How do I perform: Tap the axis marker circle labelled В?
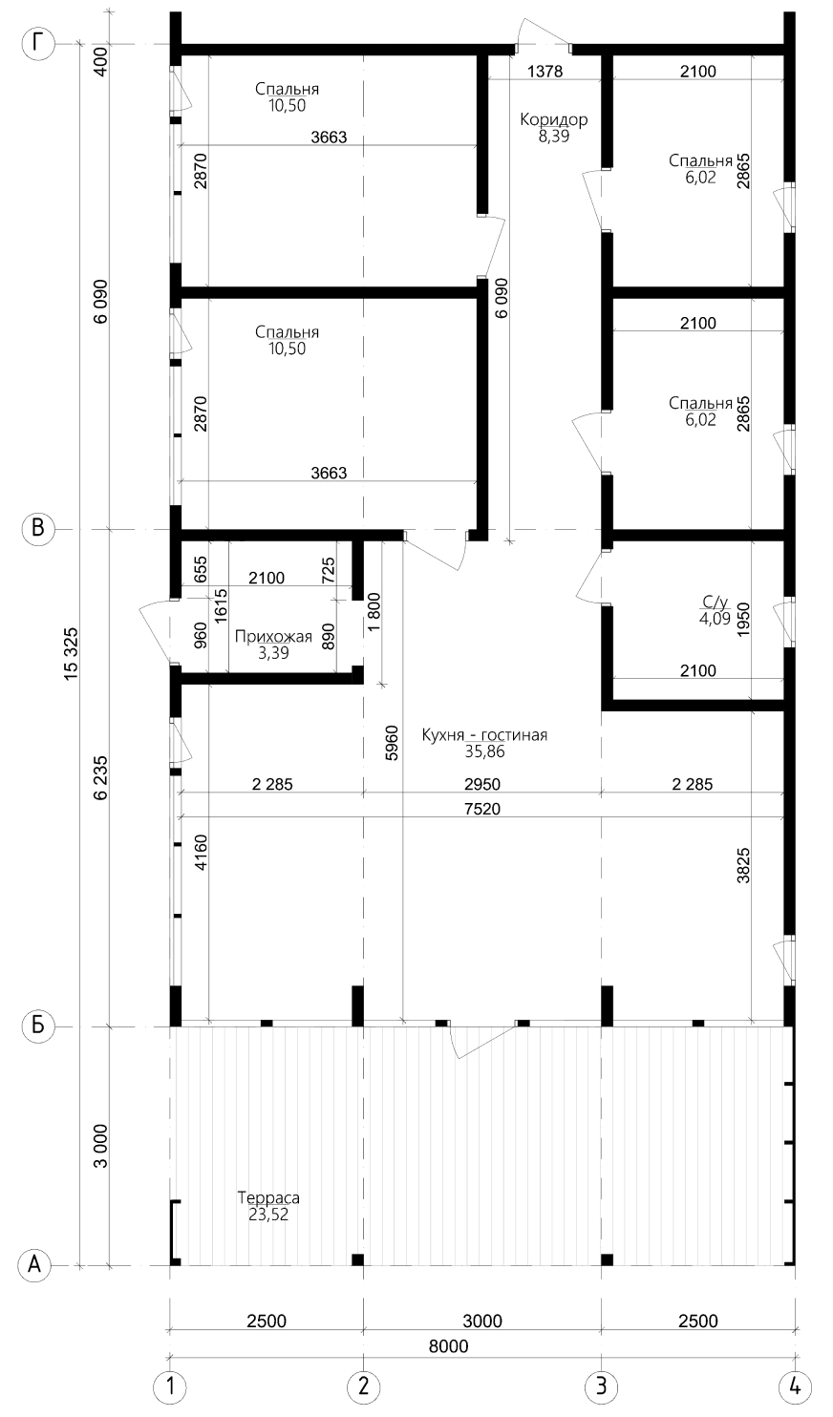tap(38, 528)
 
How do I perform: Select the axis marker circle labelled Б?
tap(38, 1025)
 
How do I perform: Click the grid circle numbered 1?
tap(170, 1388)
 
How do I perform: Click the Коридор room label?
tap(554, 119)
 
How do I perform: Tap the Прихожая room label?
tap(273, 636)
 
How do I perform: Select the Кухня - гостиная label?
tap(484, 735)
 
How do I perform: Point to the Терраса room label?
tap(269, 1197)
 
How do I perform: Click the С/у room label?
tap(698, 602)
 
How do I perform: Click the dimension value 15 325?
tap(71, 654)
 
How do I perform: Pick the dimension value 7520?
tap(482, 809)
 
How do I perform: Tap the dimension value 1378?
tap(545, 71)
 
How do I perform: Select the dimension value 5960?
tap(392, 743)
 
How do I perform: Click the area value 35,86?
tap(484, 751)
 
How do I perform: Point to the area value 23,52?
tap(269, 1214)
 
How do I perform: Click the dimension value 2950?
tap(482, 785)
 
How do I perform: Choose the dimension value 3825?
tap(743, 865)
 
